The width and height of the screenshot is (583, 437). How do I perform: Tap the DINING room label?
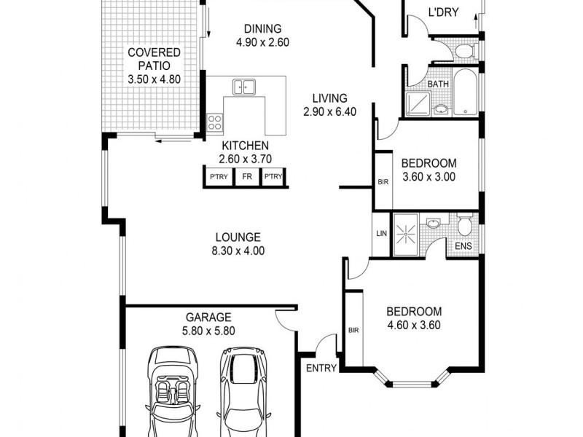click(x=262, y=29)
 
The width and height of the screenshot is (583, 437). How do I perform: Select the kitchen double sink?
click(x=244, y=87)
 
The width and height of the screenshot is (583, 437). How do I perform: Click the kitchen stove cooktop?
click(x=214, y=122)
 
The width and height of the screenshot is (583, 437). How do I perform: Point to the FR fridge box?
click(x=247, y=177)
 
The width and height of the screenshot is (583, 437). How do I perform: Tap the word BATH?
click(x=438, y=84)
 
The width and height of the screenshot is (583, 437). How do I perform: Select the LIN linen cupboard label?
click(x=381, y=233)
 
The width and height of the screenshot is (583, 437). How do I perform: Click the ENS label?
click(x=463, y=245)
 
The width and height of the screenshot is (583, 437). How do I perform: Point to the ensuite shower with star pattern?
click(x=407, y=235)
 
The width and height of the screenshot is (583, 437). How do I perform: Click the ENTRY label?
click(x=321, y=369)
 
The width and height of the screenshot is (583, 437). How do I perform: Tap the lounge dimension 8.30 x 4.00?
click(x=238, y=251)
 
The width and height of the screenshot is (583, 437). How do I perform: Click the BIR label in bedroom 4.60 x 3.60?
click(x=353, y=330)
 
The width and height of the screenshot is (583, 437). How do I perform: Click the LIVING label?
click(x=330, y=98)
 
